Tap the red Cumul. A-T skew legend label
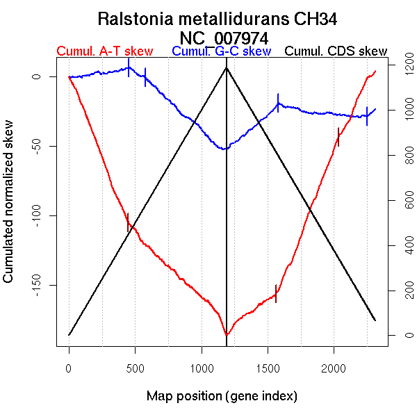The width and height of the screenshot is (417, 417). coord(105,51)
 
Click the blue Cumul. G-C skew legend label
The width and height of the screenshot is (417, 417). coord(221,51)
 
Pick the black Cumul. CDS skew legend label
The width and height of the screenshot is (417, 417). coord(336,51)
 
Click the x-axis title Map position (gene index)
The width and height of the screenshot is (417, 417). coord(222,396)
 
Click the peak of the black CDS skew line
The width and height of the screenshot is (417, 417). coord(227,67)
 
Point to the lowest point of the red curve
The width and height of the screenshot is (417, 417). coord(227,335)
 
